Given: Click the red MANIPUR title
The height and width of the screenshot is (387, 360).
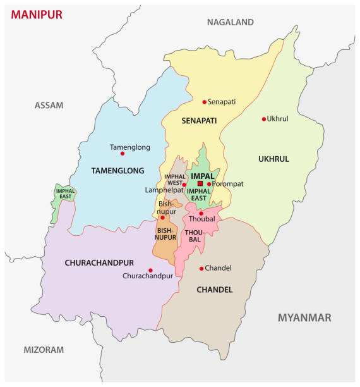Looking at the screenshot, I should [37, 15].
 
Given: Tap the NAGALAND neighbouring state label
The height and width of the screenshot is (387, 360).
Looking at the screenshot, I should [230, 22].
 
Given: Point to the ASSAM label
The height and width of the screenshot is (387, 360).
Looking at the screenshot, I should [49, 105].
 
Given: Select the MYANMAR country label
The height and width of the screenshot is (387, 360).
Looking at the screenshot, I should [304, 317].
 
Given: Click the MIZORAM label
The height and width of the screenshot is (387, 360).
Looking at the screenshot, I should [44, 349].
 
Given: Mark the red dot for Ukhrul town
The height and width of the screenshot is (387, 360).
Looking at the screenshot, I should [264, 119].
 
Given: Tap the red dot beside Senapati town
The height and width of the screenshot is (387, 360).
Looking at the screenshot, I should [204, 102].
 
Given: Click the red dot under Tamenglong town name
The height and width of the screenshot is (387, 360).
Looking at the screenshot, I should [123, 153].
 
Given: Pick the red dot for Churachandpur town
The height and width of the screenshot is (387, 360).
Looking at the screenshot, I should [150, 270].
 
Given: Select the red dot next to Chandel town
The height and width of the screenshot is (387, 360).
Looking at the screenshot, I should [201, 268].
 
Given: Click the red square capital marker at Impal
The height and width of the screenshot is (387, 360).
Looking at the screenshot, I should [200, 183].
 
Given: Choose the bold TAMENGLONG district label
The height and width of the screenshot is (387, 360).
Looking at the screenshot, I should [117, 171].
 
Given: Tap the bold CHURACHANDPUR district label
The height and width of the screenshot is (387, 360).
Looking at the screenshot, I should [98, 262].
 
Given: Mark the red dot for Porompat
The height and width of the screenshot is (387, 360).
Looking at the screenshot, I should [209, 184].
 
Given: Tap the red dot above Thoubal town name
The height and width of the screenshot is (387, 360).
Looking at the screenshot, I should [201, 213].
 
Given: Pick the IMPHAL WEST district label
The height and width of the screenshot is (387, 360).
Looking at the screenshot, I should [174, 180].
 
